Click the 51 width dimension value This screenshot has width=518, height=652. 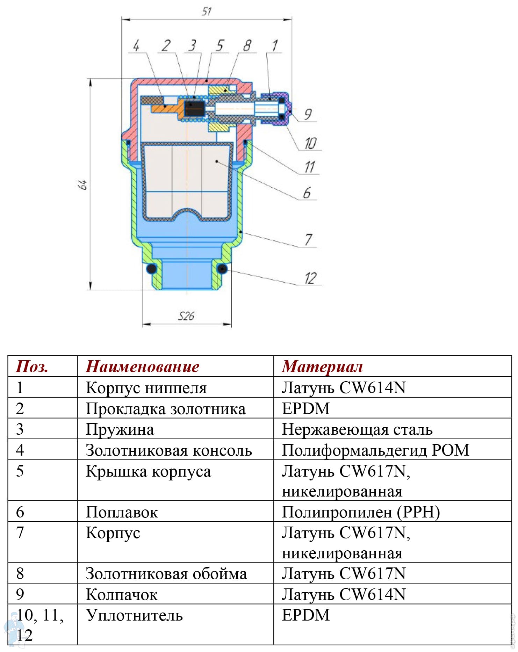point(207,12)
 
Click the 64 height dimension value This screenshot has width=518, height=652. point(82,184)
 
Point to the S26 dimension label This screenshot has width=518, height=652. point(186,316)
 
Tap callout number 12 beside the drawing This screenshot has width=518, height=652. point(310,278)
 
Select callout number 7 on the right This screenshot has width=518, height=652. point(308,240)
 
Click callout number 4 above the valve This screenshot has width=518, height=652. point(136,45)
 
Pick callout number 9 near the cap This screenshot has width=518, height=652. point(308,114)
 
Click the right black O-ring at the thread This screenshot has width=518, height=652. point(222,269)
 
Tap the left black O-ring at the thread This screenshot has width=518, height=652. point(151,269)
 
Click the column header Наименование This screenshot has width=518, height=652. point(143,367)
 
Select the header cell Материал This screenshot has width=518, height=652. point(322,367)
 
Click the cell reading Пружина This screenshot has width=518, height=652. point(120,429)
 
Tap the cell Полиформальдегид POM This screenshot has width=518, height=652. point(375,450)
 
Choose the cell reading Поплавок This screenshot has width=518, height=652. point(122,512)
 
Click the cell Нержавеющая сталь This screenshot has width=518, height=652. point(357,429)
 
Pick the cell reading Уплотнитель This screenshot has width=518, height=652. point(135,615)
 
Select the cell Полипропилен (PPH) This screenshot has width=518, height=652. point(361,512)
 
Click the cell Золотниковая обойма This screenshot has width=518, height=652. point(166,574)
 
